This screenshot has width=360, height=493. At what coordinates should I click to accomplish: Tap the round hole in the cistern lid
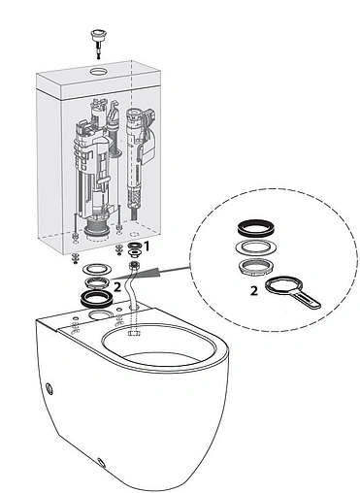click(x=97, y=71)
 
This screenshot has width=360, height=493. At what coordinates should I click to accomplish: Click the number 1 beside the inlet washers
click(x=147, y=246)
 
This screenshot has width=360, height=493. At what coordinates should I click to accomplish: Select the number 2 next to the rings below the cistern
click(x=117, y=287)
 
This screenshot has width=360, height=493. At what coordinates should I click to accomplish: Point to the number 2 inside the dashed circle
click(x=254, y=291)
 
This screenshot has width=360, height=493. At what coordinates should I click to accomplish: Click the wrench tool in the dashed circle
click(x=292, y=292)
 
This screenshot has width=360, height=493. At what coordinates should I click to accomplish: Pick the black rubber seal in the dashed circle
click(x=256, y=227)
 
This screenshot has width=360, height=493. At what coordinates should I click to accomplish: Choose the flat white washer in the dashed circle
click(x=255, y=247)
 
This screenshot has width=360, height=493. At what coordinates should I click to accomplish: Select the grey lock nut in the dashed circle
click(x=256, y=267)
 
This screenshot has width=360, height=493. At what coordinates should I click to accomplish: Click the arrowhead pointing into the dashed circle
click(x=155, y=273)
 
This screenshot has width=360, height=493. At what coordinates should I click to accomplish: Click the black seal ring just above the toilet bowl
click(x=96, y=298)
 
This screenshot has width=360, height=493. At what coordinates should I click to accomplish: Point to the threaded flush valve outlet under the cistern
click(x=97, y=229)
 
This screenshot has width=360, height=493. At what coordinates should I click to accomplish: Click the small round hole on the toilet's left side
click(x=49, y=387)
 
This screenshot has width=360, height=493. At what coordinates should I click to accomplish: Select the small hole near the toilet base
click(x=102, y=463)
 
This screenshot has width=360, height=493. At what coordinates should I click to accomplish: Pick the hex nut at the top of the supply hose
click(x=133, y=266)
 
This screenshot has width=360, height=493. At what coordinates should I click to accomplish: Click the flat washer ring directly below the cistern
click(x=96, y=268)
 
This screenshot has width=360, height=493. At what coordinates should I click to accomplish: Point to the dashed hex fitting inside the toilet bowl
click(x=133, y=333)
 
